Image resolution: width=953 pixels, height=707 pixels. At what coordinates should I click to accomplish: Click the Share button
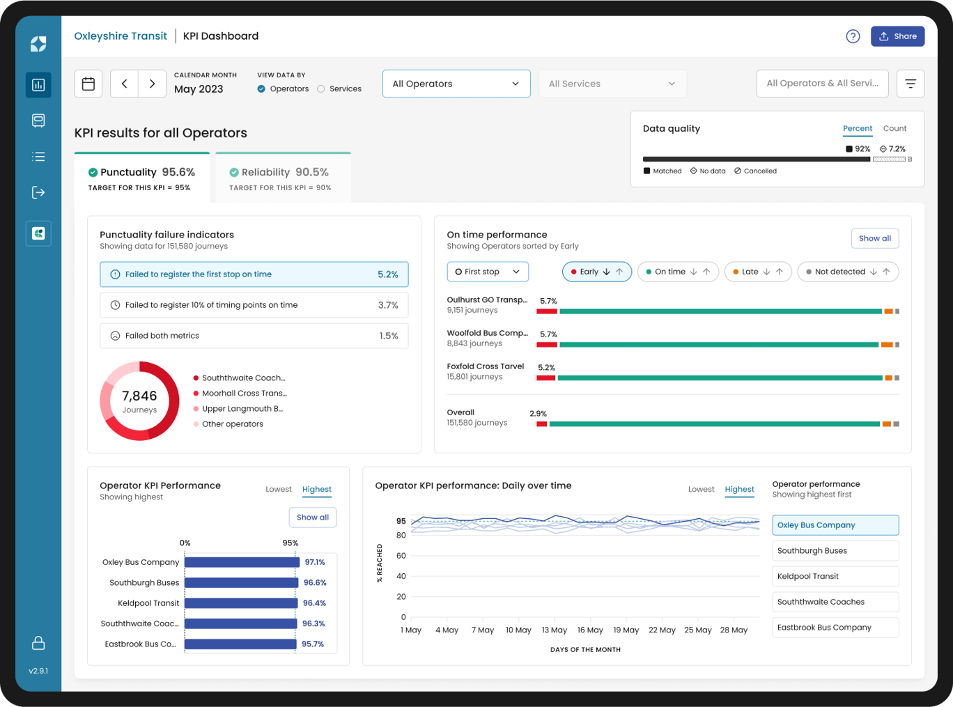point(897,36)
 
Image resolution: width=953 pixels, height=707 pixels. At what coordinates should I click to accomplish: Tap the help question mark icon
point(853,36)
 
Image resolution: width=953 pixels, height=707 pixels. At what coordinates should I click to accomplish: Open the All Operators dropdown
point(456,84)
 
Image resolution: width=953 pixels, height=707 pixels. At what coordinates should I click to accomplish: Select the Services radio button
point(321,89)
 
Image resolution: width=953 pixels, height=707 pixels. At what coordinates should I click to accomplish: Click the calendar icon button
point(88,84)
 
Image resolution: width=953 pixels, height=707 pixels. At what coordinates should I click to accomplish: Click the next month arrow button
point(152,84)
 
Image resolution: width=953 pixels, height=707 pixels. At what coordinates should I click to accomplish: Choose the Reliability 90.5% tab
point(283,178)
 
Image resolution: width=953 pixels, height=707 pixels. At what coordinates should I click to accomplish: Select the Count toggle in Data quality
point(894,128)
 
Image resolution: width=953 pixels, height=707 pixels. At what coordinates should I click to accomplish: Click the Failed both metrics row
point(254,336)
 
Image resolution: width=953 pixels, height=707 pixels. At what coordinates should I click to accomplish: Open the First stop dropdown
point(488,272)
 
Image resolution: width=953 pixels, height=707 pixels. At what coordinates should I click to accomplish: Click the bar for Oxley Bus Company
point(242,562)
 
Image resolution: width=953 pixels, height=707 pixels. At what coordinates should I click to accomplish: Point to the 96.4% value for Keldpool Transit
point(314,603)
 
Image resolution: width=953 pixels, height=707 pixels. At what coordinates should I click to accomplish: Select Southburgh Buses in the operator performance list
point(835,551)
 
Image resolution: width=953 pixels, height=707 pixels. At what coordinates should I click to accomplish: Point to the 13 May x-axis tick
point(555,630)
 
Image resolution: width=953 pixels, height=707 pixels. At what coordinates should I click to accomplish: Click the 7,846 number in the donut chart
point(139,396)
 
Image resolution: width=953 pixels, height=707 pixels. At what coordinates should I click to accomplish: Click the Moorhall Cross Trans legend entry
point(244,394)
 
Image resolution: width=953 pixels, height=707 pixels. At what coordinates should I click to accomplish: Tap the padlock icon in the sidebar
point(38,643)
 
